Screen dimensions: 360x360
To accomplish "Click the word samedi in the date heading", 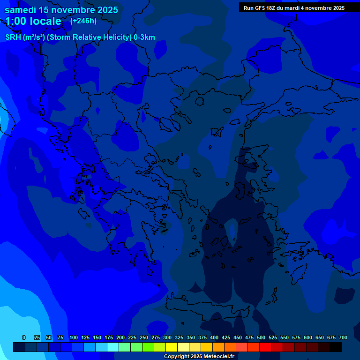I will click(21, 10).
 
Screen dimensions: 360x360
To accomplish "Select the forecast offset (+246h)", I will click(83, 21).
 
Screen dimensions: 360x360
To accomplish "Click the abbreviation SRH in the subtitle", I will click(13, 37).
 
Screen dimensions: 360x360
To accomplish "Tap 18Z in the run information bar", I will click(271, 8).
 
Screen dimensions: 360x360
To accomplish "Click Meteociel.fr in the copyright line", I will click(219, 357).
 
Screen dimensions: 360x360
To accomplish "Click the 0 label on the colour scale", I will click(24, 337).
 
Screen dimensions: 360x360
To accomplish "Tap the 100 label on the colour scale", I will click(74, 337).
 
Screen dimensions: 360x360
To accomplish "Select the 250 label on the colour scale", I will click(144, 337).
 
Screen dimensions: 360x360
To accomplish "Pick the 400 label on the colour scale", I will click(214, 337).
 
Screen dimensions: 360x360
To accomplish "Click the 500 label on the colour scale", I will click(261, 337).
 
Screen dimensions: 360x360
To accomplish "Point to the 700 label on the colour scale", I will click(343, 337).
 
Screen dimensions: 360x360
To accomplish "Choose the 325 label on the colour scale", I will click(179, 337).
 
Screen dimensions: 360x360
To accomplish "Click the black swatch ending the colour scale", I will click(336, 347).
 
